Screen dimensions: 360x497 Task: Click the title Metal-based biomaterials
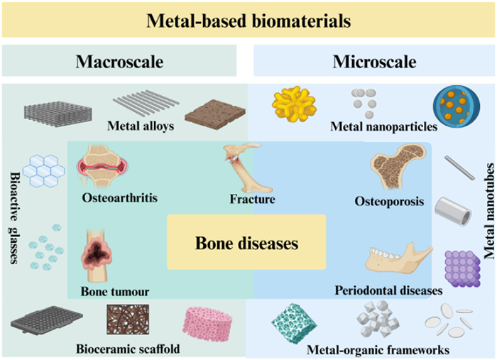click(x=248, y=21)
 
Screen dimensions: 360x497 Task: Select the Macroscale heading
click(x=119, y=62)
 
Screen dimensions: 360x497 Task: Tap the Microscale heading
click(x=374, y=62)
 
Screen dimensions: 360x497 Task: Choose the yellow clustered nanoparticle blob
click(x=292, y=106)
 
